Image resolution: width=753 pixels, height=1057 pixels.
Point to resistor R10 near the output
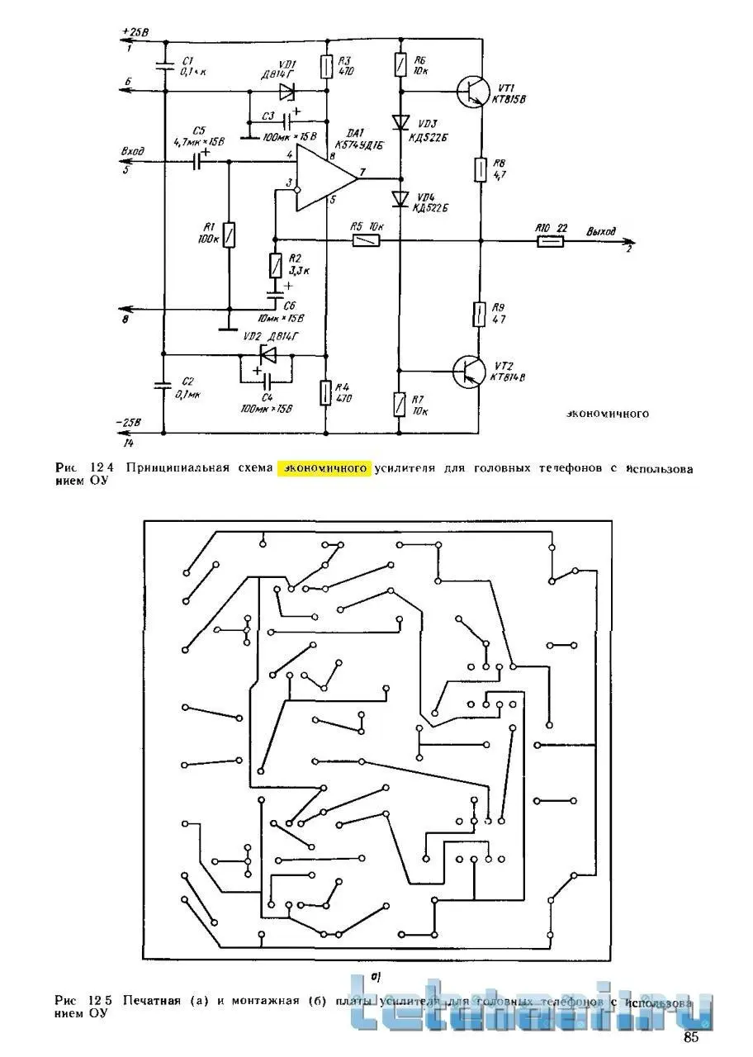550,242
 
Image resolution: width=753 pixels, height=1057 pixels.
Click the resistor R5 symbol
365,241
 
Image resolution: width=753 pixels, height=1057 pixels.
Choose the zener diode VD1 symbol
287,91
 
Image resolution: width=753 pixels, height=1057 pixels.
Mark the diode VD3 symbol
401,122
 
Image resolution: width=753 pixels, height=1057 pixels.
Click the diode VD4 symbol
401,199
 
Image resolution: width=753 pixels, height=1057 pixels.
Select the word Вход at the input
133,152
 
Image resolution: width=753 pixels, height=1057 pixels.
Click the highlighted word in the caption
325,468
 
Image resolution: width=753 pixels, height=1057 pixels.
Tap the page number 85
691,1037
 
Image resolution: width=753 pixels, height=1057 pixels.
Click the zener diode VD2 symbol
267,355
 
